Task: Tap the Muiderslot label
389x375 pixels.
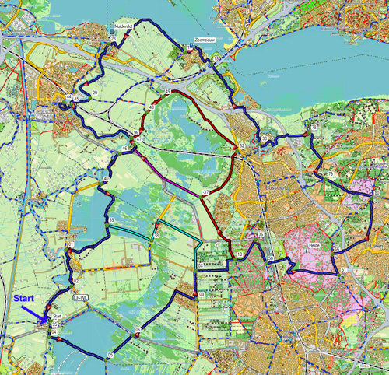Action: (125, 25)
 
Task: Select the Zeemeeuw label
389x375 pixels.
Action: (204, 39)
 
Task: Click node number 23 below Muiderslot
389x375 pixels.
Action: (114, 37)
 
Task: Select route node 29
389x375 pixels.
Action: (95, 93)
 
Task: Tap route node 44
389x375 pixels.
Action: (68, 96)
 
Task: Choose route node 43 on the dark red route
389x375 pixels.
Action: (166, 92)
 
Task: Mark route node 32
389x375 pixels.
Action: (243, 145)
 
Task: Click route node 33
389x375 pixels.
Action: (265, 139)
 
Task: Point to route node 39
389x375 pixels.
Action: (112, 223)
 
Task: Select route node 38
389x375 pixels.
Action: (156, 235)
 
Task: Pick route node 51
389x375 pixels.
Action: (343, 268)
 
